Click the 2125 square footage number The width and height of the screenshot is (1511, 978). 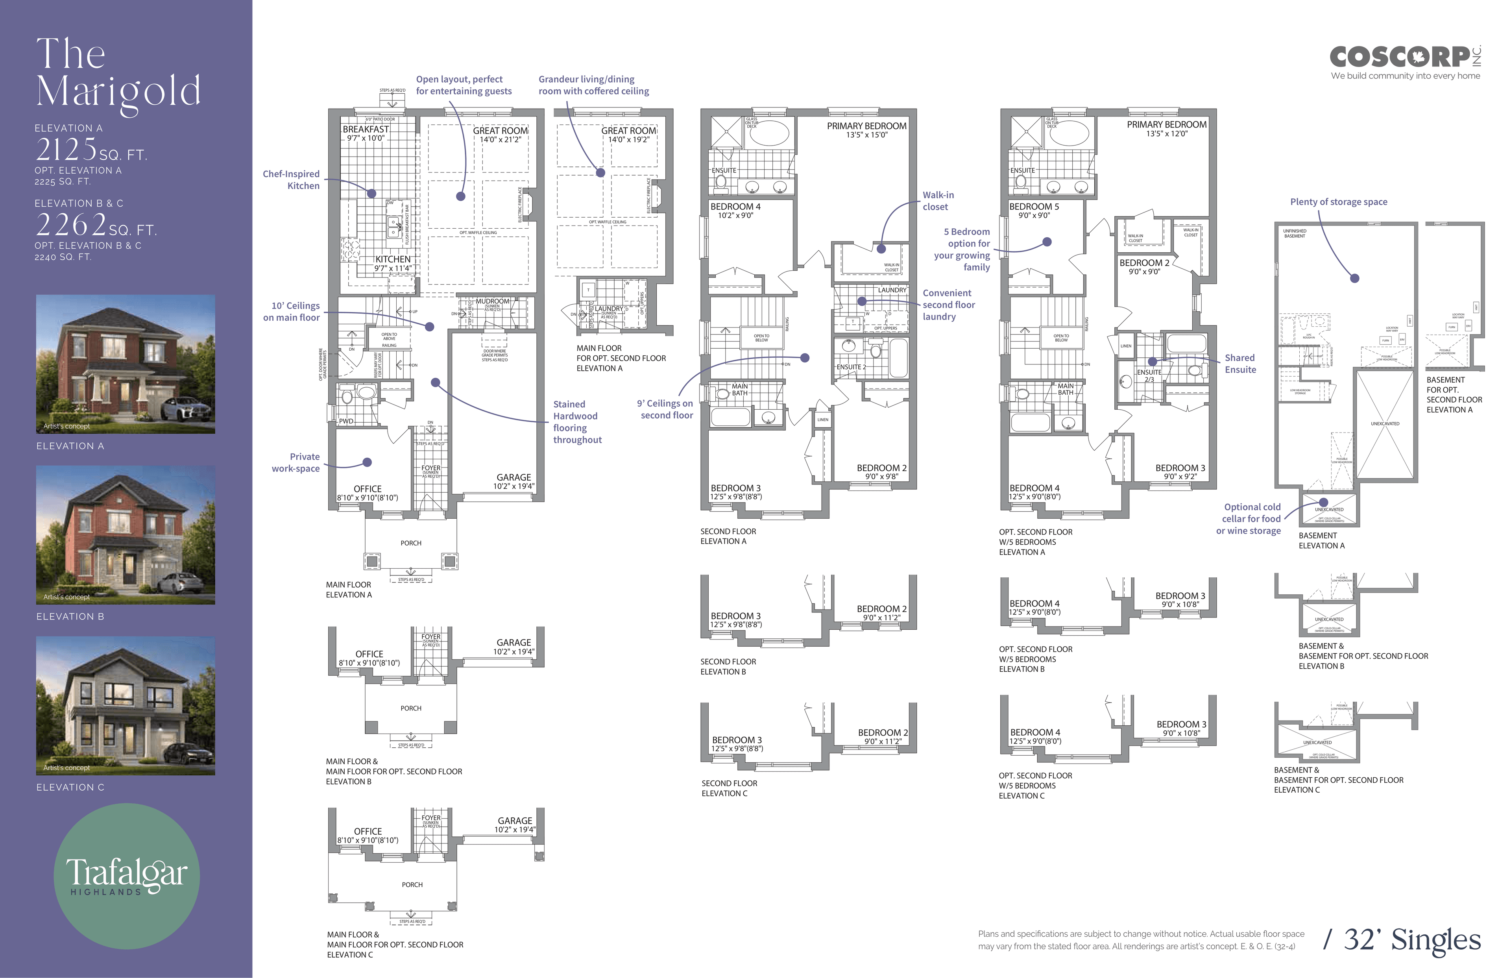66,150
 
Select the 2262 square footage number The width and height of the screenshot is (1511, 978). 71,225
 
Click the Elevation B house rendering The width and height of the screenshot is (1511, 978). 125,535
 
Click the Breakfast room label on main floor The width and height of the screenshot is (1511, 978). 366,129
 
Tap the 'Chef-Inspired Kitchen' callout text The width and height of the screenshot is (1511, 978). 292,180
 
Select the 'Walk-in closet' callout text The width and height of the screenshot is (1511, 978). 938,201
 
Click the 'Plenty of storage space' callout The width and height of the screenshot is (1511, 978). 1338,202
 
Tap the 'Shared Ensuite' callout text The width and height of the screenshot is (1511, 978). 1240,364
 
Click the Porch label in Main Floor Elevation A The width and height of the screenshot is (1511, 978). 411,543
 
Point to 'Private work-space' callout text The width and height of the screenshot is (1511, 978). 296,462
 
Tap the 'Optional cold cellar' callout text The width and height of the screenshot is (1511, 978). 1249,519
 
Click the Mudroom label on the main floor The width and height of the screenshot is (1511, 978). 493,301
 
